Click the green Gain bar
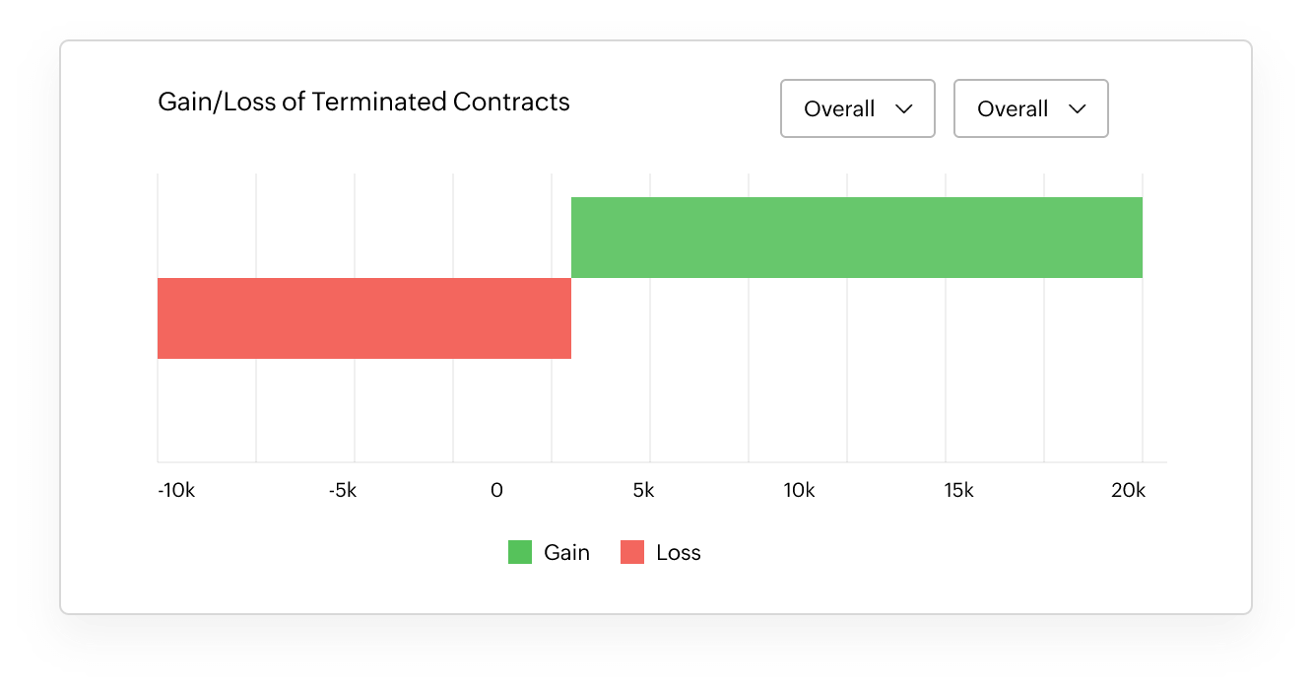[x=856, y=238]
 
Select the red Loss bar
[x=363, y=318]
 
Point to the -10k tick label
[x=176, y=491]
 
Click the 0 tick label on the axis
[x=496, y=491]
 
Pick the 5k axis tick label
[x=643, y=491]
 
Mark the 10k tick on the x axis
[x=799, y=491]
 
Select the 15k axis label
[x=957, y=491]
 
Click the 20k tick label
[x=1128, y=491]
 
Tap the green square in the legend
[x=520, y=552]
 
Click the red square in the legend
[x=632, y=552]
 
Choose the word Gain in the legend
[x=566, y=552]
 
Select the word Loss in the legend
[x=678, y=552]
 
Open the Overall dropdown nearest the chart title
[x=857, y=108]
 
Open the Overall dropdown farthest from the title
[x=1030, y=108]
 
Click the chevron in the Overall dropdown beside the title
[x=903, y=109]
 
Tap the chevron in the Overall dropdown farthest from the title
[x=1077, y=109]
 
